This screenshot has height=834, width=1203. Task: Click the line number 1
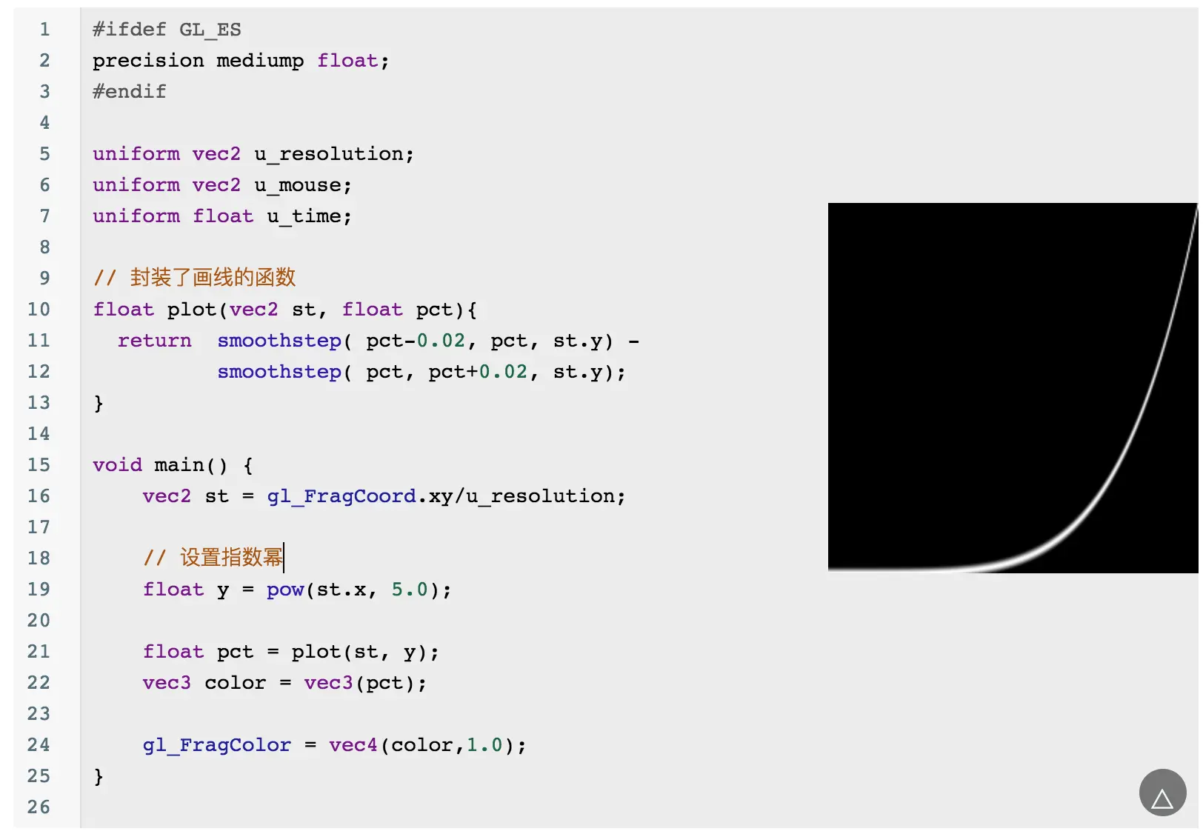[44, 30]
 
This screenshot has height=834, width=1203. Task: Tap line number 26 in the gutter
[39, 807]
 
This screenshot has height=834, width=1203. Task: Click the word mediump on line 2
[260, 61]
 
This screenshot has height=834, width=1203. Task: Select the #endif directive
[130, 92]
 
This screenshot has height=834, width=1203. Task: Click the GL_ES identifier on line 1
[210, 30]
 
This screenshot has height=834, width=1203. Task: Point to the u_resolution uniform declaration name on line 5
[333, 154]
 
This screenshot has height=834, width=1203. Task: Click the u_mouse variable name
[302, 185]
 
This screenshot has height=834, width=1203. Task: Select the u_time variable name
[308, 216]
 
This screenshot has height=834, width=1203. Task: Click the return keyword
[154, 341]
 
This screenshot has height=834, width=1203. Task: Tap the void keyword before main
[117, 465]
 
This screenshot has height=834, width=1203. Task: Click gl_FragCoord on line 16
[341, 496]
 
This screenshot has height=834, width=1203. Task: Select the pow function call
[285, 590]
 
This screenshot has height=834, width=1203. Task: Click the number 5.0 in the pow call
[410, 590]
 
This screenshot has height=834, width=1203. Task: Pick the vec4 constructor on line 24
[353, 745]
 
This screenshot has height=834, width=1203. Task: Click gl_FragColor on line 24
[216, 745]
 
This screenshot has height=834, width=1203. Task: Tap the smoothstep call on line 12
[279, 372]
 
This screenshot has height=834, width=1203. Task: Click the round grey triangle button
[1162, 793]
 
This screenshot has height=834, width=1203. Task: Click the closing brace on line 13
[99, 404]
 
